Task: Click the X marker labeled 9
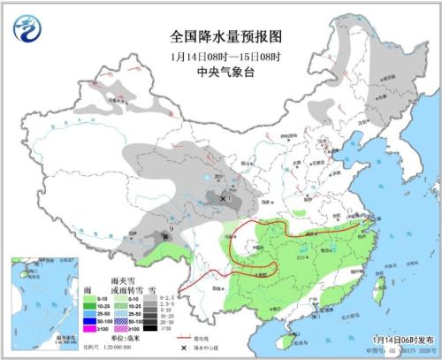164,235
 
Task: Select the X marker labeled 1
222,199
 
